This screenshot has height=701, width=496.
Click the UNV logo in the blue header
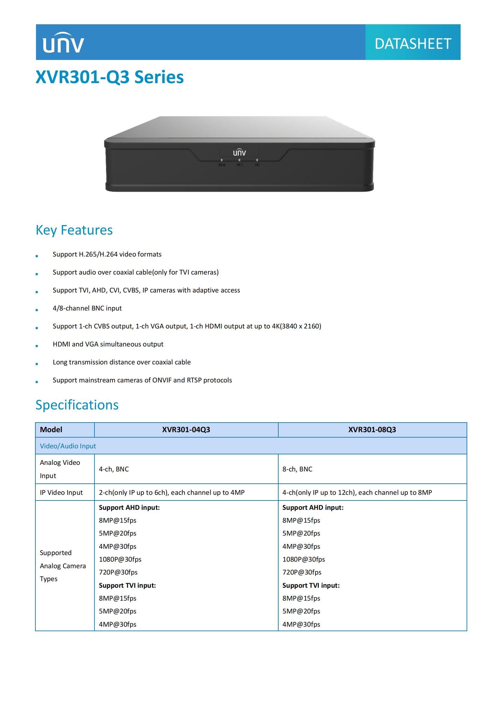pos(63,43)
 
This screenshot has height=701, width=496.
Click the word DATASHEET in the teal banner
pos(413,44)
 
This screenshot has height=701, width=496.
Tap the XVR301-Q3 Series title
pos(110,77)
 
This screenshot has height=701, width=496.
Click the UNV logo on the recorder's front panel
pos(239,152)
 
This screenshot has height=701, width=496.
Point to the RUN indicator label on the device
pos(222,165)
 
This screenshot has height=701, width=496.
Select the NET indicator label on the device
pos(240,165)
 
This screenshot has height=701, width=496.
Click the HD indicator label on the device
pos(257,165)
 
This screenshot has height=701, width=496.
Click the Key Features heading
pos(74,230)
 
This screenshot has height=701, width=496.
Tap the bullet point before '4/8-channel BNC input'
pos(37,310)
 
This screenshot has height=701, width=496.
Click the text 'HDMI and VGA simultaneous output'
pos(108,344)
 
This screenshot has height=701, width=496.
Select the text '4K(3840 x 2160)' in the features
pos(296,326)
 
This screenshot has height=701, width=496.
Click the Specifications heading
pos(77,405)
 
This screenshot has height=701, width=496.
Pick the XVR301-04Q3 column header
pos(186,429)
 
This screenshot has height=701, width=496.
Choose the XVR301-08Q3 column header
pos(372,429)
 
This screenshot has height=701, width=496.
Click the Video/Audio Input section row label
pos(68,446)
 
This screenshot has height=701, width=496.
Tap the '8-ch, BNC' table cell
pos(297,469)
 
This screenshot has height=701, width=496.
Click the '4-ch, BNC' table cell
pos(114,469)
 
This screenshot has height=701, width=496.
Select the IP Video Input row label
pos(61,492)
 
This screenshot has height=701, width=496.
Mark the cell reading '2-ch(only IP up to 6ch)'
pos(171,492)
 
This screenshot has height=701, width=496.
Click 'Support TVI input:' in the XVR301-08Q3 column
pos(311,585)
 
